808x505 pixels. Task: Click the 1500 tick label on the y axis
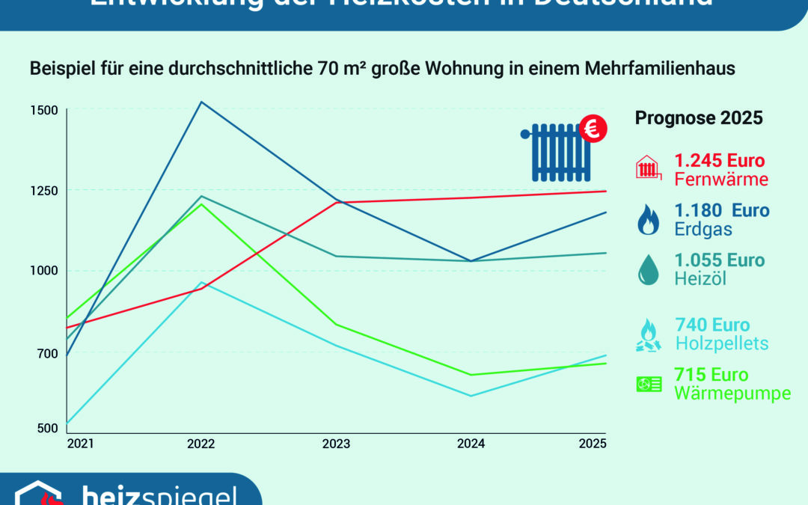click(43, 110)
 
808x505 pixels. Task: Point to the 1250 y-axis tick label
click(43, 190)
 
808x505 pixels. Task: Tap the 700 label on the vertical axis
click(46, 353)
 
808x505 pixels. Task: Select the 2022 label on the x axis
click(201, 444)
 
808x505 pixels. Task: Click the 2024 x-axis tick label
click(471, 444)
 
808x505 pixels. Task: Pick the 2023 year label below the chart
click(336, 444)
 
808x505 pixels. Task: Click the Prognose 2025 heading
click(699, 118)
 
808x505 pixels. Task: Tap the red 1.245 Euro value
click(720, 161)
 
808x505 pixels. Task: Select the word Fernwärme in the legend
click(721, 180)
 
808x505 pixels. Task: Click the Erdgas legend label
click(703, 230)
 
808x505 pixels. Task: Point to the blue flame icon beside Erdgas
click(648, 221)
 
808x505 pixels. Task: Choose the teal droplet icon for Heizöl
click(648, 270)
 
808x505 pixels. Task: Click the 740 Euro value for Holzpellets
click(712, 325)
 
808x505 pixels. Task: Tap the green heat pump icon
click(649, 385)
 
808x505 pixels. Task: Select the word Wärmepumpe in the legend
click(732, 394)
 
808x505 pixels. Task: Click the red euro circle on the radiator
click(593, 129)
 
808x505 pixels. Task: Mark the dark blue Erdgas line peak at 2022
click(201, 102)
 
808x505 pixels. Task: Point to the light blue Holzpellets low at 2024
click(471, 396)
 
